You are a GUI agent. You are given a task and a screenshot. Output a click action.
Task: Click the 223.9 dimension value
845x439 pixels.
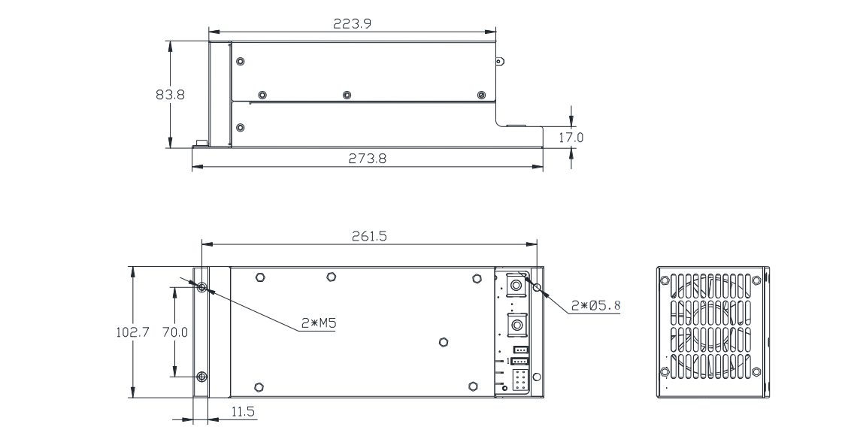click(x=352, y=24)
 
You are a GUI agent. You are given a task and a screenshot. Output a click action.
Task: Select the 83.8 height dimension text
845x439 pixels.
click(x=171, y=95)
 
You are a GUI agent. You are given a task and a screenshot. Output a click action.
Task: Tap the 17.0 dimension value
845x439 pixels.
click(x=571, y=138)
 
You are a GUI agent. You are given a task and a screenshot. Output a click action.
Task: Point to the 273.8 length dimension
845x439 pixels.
click(x=367, y=159)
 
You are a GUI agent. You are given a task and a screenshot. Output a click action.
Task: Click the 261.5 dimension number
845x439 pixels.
click(x=369, y=237)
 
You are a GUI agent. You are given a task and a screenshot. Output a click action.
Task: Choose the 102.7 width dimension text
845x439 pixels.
click(x=132, y=332)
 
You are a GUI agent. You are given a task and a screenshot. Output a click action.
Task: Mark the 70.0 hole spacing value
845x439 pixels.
click(x=175, y=332)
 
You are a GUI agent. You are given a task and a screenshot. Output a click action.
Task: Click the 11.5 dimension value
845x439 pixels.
click(x=243, y=412)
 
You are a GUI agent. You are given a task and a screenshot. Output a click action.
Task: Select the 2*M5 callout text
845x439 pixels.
click(x=319, y=323)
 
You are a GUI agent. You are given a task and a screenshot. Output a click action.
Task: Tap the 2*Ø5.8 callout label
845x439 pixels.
click(x=595, y=306)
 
